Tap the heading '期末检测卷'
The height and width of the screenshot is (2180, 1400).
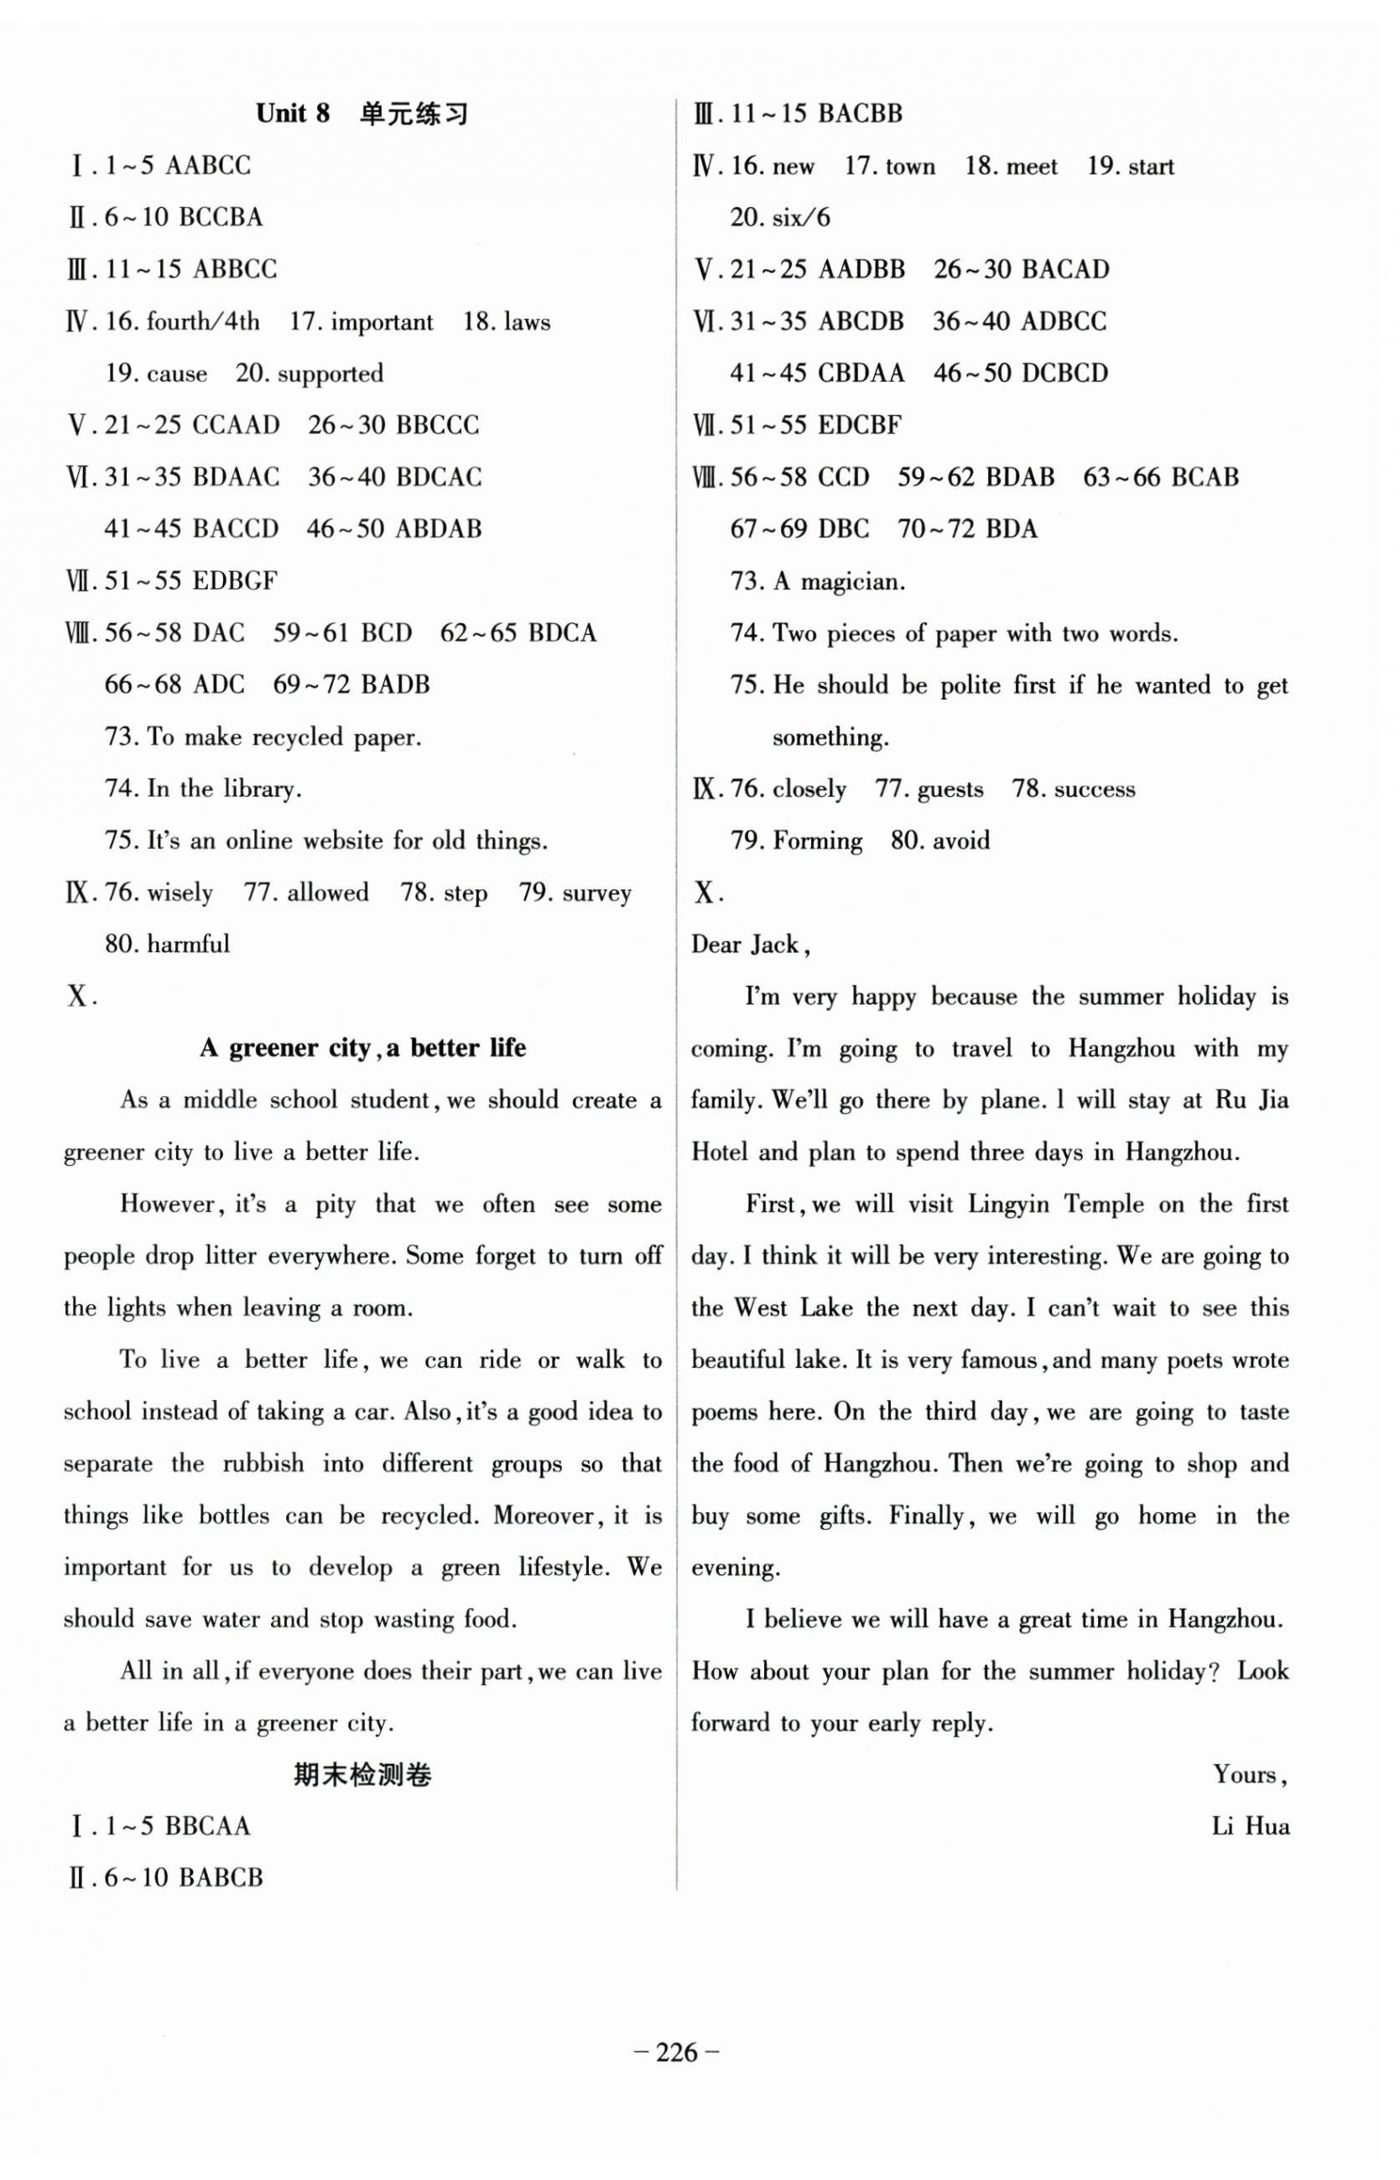362,1775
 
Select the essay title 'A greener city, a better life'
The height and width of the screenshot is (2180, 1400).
362,1048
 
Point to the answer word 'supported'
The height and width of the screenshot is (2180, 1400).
330,373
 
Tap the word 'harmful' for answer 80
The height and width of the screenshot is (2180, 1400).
188,944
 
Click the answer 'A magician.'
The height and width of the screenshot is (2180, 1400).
838,581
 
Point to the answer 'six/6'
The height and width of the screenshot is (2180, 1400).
800,217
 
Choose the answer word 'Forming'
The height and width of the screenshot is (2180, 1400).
817,841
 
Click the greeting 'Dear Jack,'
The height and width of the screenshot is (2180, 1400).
751,944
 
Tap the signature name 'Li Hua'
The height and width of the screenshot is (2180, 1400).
1250,1826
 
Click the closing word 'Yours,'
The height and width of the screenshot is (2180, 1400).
1250,1775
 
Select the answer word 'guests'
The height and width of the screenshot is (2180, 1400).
950,789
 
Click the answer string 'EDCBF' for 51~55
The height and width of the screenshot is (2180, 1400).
859,425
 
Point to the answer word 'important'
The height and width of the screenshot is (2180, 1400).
382,322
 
